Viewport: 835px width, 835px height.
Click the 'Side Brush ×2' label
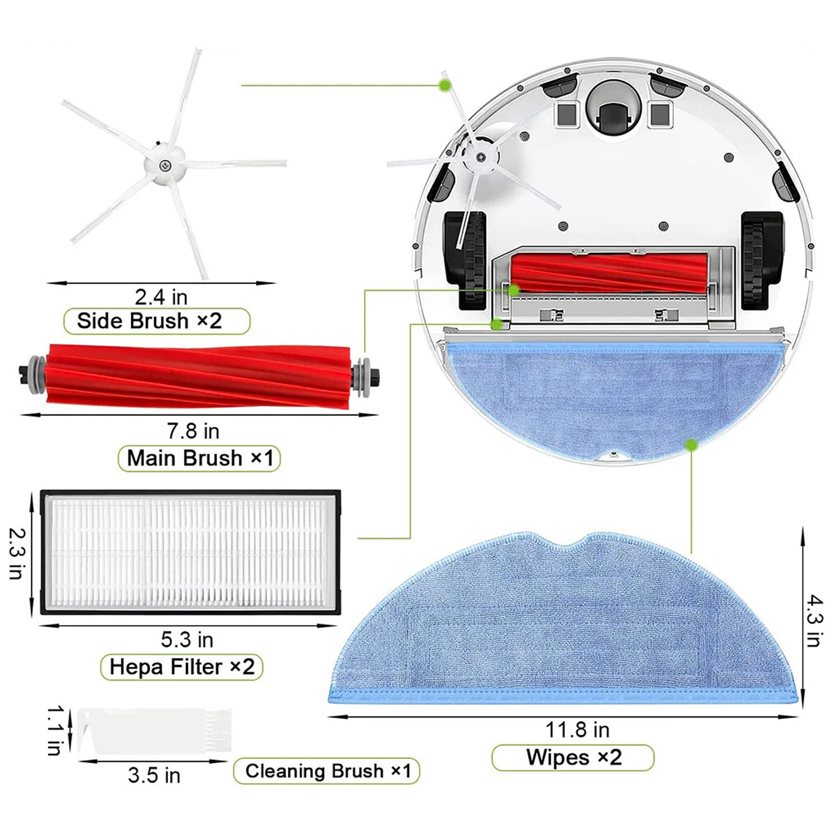coord(150,321)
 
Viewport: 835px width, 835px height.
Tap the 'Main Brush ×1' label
coord(200,458)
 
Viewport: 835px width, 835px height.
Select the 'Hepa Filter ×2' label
coord(182,666)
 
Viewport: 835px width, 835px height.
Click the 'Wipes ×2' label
coord(573,757)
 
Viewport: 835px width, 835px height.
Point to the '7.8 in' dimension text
coord(193,431)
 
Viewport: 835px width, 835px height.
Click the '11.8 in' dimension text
coord(577,729)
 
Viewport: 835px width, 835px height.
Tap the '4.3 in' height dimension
coord(814,621)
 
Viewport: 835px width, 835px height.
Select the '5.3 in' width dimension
coord(187,640)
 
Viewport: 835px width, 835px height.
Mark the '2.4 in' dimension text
coord(161,297)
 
